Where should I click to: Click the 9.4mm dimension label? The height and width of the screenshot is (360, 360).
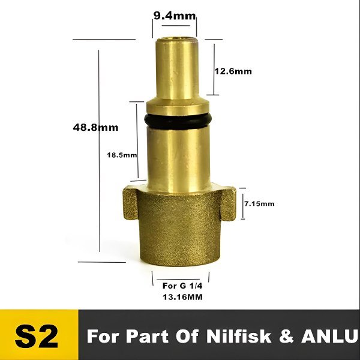[x=173, y=16]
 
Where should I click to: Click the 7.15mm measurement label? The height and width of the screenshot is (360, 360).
[x=259, y=204]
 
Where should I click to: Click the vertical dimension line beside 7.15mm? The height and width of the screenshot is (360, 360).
[x=241, y=204]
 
